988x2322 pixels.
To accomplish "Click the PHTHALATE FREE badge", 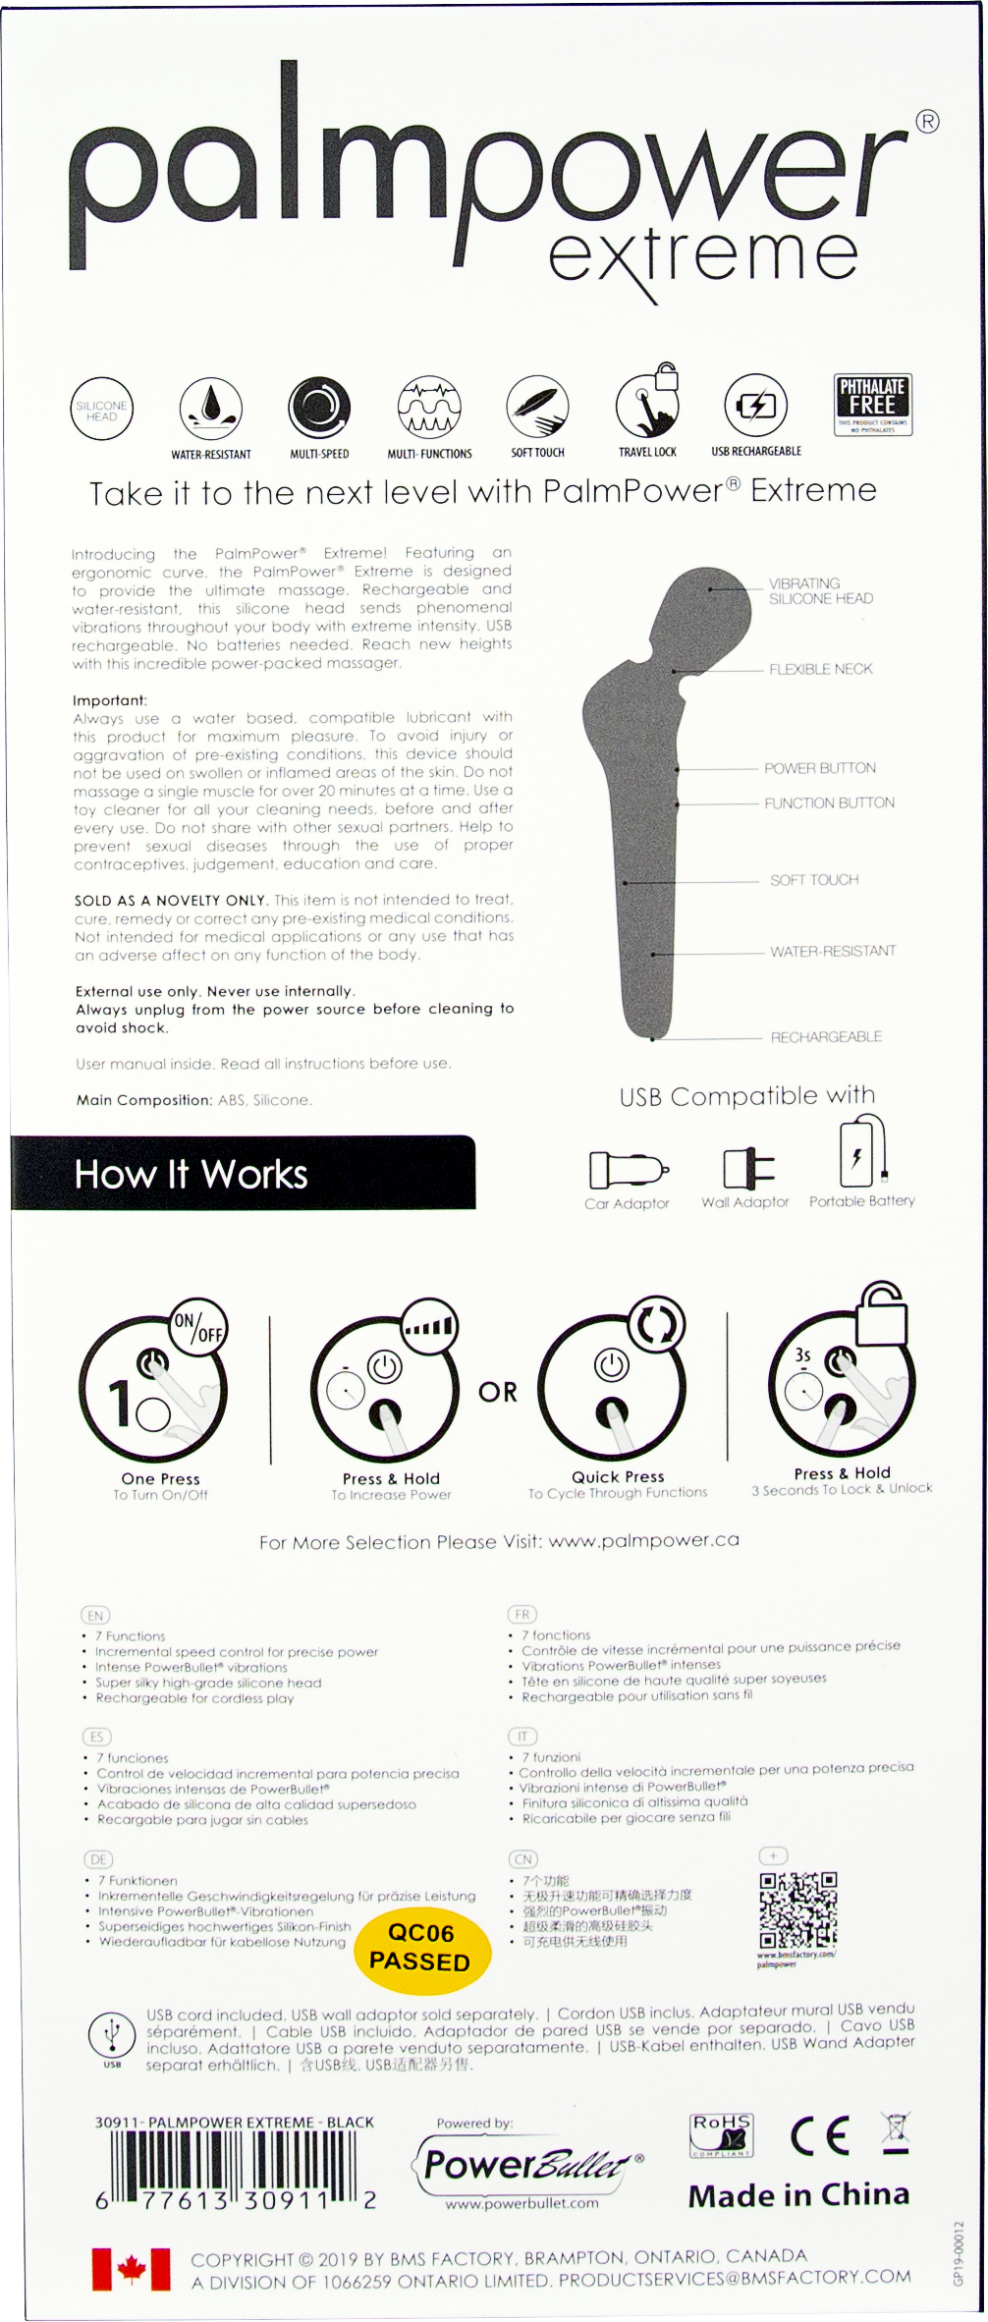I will [872, 404].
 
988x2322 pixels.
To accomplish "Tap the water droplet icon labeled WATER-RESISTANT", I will [211, 407].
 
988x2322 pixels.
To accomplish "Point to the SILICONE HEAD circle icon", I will [101, 408].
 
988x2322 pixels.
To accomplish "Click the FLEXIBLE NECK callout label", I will [820, 669].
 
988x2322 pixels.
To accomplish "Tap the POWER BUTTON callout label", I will [820, 768].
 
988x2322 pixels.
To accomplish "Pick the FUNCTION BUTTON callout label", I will [829, 802].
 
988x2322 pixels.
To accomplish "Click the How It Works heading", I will [192, 1174].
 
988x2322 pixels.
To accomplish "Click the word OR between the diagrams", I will [498, 1392].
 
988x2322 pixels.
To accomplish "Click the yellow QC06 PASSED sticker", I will [420, 1947].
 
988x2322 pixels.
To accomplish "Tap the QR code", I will [797, 1910].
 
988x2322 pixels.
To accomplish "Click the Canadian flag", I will [132, 2269].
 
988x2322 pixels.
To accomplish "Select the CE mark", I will [819, 2136].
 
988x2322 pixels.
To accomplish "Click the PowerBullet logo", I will [525, 2163].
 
